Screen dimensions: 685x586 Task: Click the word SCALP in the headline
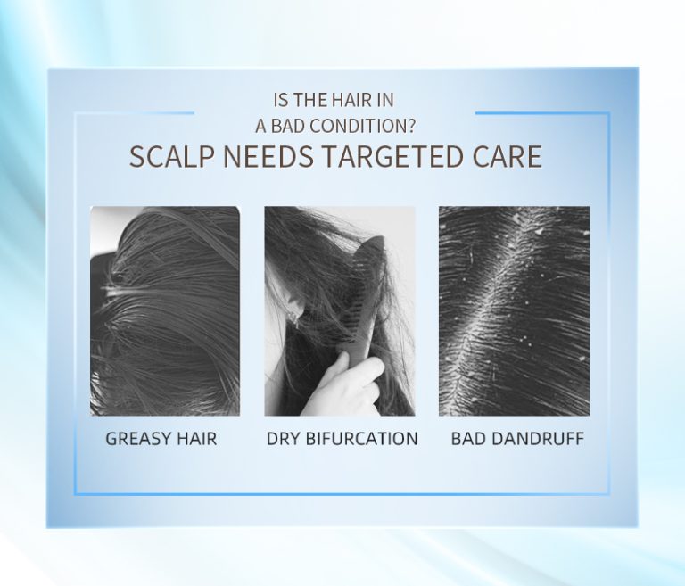(171, 156)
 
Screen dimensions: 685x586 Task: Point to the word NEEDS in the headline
(268, 156)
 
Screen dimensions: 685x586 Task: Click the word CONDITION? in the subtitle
(365, 127)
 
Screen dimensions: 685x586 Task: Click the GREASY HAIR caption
(161, 439)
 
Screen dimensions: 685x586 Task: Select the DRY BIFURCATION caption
(342, 439)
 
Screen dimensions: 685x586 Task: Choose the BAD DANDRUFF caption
(517, 439)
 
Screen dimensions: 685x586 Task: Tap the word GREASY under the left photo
(139, 439)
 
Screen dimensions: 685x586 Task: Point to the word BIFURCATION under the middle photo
(362, 439)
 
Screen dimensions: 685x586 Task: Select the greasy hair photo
(165, 310)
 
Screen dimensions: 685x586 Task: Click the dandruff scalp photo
(514, 310)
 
